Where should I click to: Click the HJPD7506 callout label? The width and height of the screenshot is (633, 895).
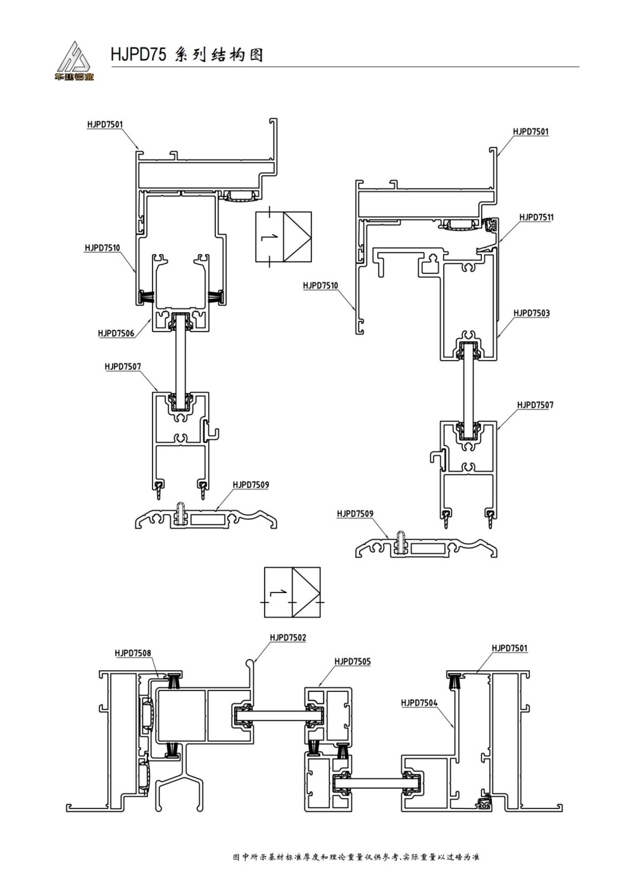pyautogui.click(x=116, y=333)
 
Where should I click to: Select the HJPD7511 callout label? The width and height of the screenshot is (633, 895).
pyautogui.click(x=536, y=217)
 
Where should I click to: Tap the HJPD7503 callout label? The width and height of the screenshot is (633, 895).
pyautogui.click(x=531, y=313)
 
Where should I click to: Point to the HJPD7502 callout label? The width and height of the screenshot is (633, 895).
pyautogui.click(x=287, y=637)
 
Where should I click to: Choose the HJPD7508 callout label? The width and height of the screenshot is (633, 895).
pyautogui.click(x=133, y=653)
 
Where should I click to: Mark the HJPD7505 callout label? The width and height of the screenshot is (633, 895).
pyautogui.click(x=353, y=661)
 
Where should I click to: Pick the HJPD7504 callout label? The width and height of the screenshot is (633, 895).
pyautogui.click(x=419, y=703)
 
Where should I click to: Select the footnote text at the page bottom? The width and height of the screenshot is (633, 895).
pyautogui.click(x=356, y=857)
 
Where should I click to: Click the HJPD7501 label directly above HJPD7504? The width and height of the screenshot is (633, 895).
pyautogui.click(x=510, y=648)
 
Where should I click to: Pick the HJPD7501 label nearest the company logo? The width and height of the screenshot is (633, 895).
pyautogui.click(x=105, y=125)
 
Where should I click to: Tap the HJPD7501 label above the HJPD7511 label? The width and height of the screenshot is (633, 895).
pyautogui.click(x=530, y=132)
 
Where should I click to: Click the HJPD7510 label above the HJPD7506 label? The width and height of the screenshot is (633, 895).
pyautogui.click(x=103, y=248)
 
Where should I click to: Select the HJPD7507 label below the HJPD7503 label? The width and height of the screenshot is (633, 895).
pyautogui.click(x=535, y=405)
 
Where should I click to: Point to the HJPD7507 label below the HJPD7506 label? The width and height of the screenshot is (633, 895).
pyautogui.click(x=123, y=366)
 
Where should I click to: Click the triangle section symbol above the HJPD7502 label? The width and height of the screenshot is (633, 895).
pyautogui.click(x=292, y=592)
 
